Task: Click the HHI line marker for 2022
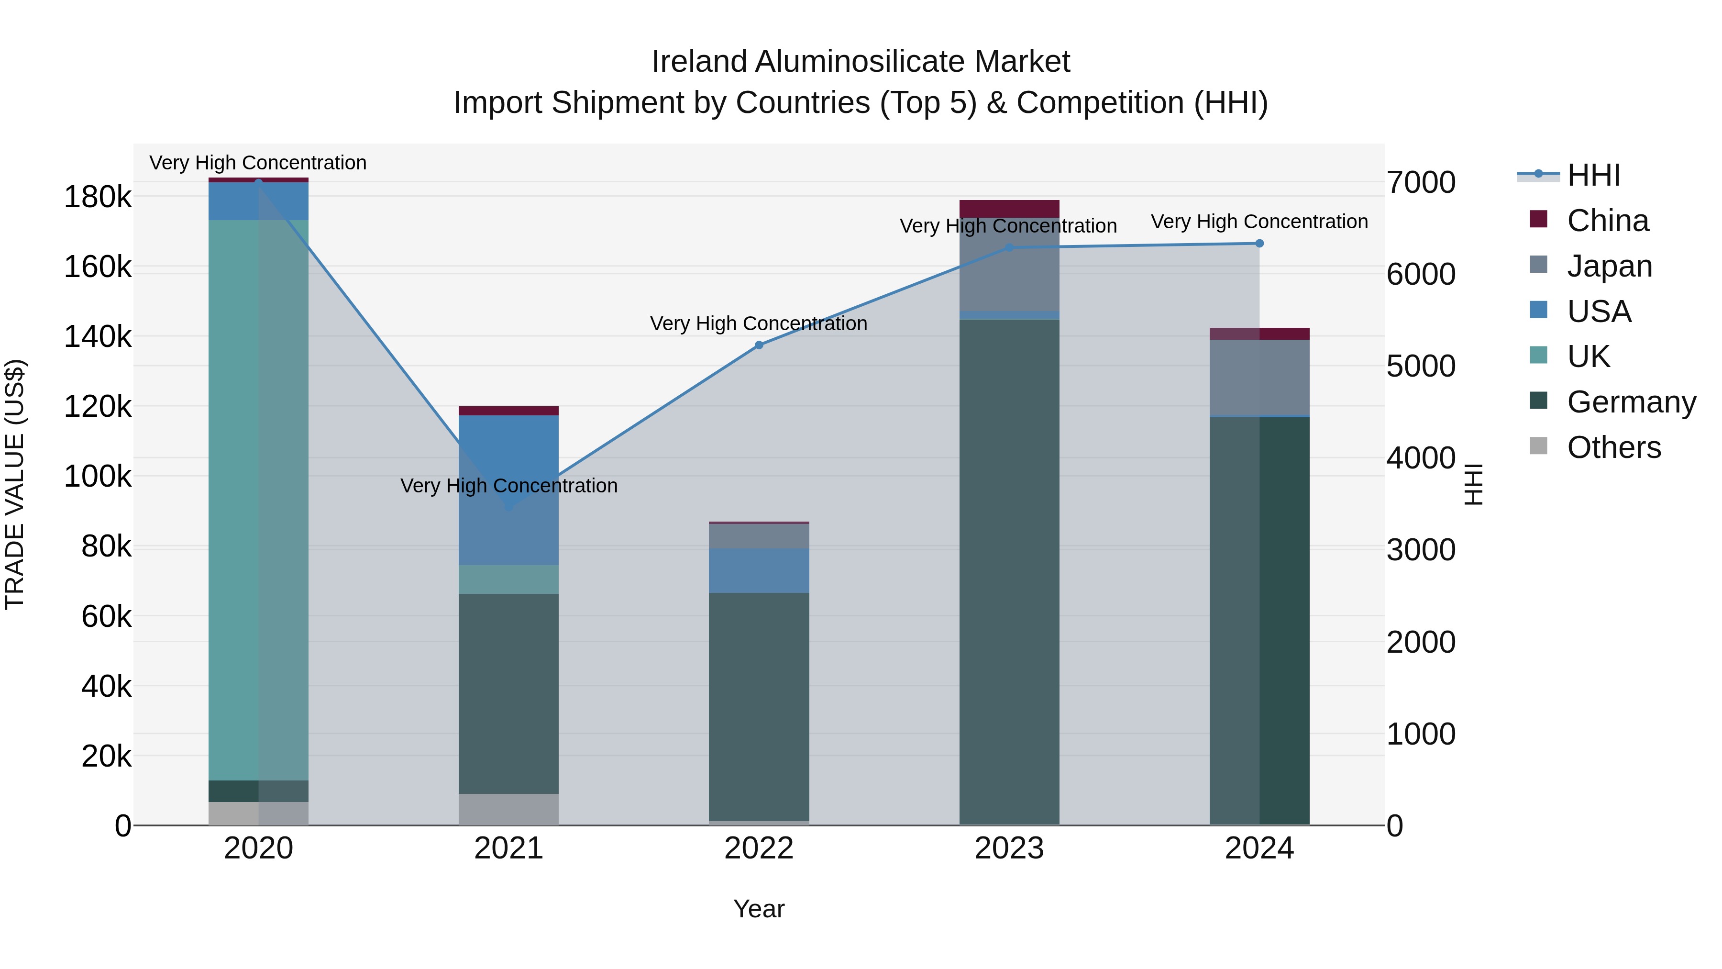pyautogui.click(x=759, y=345)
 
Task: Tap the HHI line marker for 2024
pyautogui.click(x=1259, y=244)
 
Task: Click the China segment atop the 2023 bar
pyautogui.click(x=1009, y=208)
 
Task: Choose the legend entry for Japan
pyautogui.click(x=1609, y=266)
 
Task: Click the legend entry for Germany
pyautogui.click(x=1631, y=402)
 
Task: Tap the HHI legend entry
pyautogui.click(x=1593, y=175)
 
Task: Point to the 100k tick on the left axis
pyautogui.click(x=98, y=477)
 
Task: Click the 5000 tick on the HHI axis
pyautogui.click(x=1421, y=367)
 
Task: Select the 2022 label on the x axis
pyautogui.click(x=759, y=848)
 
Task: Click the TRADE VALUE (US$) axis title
pyautogui.click(x=15, y=484)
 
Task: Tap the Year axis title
pyautogui.click(x=759, y=909)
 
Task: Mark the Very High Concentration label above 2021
pyautogui.click(x=509, y=486)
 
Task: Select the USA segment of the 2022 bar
pyautogui.click(x=759, y=570)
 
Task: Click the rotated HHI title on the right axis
pyautogui.click(x=1473, y=484)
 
